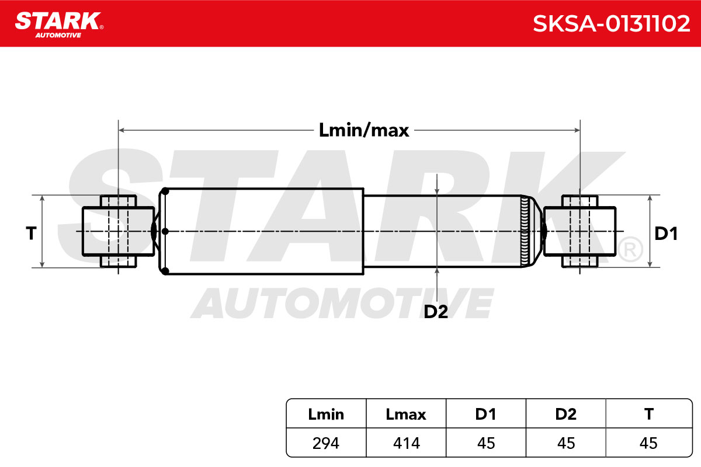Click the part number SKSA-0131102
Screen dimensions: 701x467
click(x=611, y=24)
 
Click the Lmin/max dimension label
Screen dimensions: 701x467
click(x=363, y=130)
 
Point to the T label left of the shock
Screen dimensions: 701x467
click(x=31, y=233)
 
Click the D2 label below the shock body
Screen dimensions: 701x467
click(x=436, y=312)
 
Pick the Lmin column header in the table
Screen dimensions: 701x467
click(x=326, y=414)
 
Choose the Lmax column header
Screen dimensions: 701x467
click(x=406, y=414)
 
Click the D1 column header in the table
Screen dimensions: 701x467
click(x=485, y=414)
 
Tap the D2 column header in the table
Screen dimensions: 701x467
click(x=566, y=414)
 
